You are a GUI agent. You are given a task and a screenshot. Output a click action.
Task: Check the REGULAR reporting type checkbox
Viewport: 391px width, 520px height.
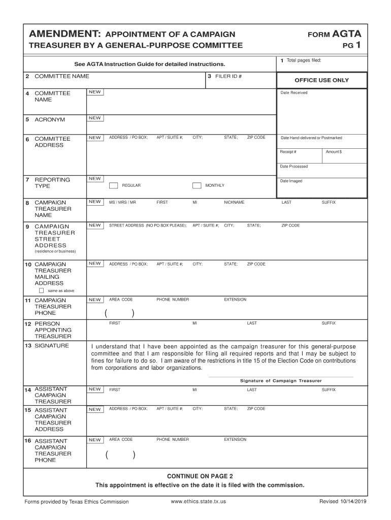point(114,185)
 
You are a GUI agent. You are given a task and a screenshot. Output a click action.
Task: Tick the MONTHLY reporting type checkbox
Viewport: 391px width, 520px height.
point(197,185)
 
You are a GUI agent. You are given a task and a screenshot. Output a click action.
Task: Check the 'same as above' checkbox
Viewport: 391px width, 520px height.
point(42,291)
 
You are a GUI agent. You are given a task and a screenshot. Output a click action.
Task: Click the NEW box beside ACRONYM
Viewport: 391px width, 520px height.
point(95,118)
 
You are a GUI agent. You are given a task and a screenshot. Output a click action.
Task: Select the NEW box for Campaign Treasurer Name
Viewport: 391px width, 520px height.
point(95,202)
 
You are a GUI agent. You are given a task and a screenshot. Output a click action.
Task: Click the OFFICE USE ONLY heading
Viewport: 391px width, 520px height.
point(321,80)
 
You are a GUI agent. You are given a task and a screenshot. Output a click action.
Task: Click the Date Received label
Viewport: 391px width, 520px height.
point(294,92)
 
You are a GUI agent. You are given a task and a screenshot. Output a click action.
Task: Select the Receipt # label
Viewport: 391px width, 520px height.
point(288,152)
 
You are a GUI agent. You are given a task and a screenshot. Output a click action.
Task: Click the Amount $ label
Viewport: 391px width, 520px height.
point(334,152)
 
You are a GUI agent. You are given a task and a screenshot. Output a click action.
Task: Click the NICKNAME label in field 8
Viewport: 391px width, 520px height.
point(234,202)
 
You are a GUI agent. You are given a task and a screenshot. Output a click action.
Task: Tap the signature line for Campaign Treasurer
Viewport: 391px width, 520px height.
point(281,377)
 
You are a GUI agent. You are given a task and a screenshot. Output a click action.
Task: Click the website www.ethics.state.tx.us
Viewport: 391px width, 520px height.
point(199,501)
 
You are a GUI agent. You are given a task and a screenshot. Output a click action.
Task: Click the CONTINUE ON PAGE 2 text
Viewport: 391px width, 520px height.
point(200,476)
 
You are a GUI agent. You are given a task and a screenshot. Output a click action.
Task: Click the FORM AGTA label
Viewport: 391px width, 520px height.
point(335,34)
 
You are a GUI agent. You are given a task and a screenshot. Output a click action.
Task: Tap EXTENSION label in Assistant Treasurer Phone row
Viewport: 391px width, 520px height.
point(235,439)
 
